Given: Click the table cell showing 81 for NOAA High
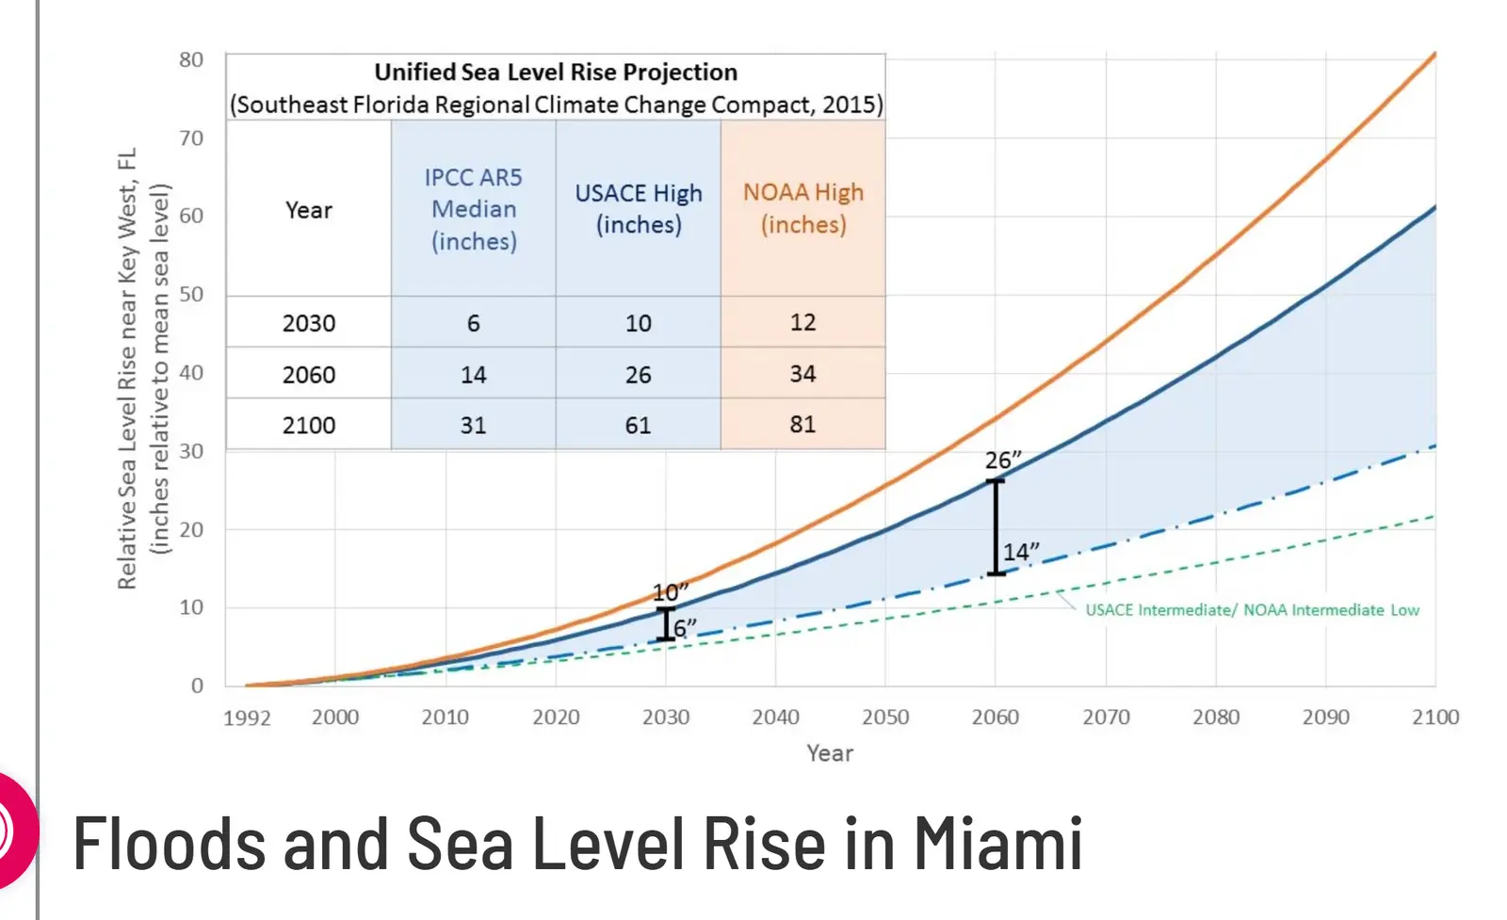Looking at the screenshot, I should pyautogui.click(x=802, y=424).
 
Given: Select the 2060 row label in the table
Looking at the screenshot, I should pyautogui.click(x=309, y=375).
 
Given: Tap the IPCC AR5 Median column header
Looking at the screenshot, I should pyautogui.click(x=473, y=209).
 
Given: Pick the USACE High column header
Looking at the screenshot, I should pyautogui.click(x=639, y=208).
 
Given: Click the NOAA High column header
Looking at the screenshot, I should pyautogui.click(x=803, y=208).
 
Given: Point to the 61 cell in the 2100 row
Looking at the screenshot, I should pyautogui.click(x=638, y=425).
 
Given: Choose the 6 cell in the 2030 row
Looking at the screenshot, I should pyautogui.click(x=473, y=323).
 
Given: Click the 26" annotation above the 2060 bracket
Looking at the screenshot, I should pyautogui.click(x=1002, y=460).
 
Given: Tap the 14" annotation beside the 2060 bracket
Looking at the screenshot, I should pyautogui.click(x=1020, y=552).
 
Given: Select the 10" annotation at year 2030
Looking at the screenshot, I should pyautogui.click(x=670, y=592).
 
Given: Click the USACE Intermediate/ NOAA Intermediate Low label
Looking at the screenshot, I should pyautogui.click(x=1252, y=610).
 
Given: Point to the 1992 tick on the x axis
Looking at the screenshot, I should pyautogui.click(x=247, y=718).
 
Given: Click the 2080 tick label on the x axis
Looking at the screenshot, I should pyautogui.click(x=1215, y=718).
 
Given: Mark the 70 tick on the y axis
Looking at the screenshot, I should pyautogui.click(x=191, y=138).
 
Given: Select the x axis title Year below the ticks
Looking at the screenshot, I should pyautogui.click(x=830, y=753).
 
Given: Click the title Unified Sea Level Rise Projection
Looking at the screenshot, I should pyautogui.click(x=556, y=73).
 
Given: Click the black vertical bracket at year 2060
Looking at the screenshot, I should pyautogui.click(x=996, y=527).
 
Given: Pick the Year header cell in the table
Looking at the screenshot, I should pyautogui.click(x=309, y=210).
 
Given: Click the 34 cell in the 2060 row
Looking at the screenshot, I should pyautogui.click(x=802, y=374).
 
